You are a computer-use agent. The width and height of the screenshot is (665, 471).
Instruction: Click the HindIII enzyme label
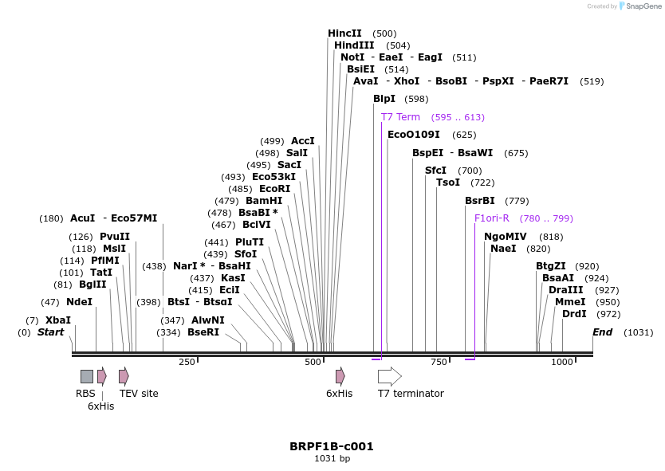point(354,45)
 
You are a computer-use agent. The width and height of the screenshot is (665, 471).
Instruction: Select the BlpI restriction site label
point(384,99)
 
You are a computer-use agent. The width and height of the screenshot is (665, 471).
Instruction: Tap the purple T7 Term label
point(400,117)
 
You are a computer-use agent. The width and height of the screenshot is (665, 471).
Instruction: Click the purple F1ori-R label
point(492,218)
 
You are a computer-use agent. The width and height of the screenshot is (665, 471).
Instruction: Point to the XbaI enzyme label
point(58,320)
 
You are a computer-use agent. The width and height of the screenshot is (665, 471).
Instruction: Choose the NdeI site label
point(79,302)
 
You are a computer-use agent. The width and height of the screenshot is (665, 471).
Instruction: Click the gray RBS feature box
point(86,376)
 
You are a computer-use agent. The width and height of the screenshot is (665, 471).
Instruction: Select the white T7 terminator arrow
point(389,376)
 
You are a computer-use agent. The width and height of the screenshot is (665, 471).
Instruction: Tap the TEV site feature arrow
point(124,376)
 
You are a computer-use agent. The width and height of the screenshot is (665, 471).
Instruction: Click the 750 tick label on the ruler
point(439,362)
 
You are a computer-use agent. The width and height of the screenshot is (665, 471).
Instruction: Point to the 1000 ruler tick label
point(562,362)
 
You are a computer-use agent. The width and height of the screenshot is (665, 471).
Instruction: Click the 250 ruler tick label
point(187,362)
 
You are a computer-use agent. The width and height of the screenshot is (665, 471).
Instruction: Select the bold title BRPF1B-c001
point(332,446)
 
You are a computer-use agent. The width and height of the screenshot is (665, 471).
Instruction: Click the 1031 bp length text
point(332,458)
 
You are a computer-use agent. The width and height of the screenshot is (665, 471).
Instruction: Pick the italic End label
point(602,332)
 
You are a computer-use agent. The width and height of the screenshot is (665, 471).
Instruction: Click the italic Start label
point(50,332)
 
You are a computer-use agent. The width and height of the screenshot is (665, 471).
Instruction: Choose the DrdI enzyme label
point(574,314)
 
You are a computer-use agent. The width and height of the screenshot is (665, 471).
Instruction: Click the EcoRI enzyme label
point(274,189)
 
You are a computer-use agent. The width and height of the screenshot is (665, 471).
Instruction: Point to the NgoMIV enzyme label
point(506,237)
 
